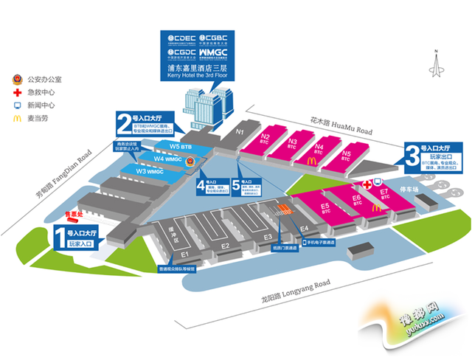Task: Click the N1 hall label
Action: pos(240,132)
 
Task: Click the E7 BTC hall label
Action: pos(383,194)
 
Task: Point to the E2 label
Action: pos(226,246)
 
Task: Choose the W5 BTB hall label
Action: pos(180,147)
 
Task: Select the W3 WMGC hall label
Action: pos(150,171)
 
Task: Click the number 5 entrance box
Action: pos(236,186)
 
